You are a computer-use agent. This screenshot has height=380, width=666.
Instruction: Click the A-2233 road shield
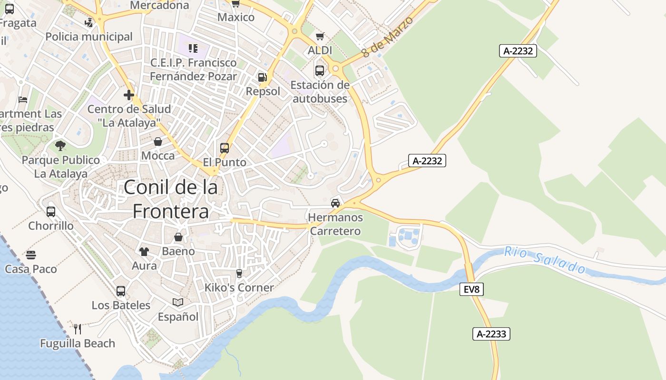(491, 334)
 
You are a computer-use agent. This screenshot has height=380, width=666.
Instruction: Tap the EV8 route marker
(471, 289)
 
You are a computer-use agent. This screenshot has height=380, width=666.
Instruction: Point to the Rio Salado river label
(545, 260)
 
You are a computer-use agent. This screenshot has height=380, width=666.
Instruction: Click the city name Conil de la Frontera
(171, 199)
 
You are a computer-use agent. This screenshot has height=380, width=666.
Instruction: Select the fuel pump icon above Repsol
(262, 77)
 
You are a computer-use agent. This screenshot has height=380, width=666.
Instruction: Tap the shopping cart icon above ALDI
(320, 36)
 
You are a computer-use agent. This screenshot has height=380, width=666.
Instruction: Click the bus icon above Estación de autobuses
(320, 71)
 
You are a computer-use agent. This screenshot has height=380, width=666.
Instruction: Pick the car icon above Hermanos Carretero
(335, 203)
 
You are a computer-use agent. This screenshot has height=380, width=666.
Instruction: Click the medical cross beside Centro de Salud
(128, 95)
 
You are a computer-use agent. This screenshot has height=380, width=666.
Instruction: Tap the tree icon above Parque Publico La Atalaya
(60, 145)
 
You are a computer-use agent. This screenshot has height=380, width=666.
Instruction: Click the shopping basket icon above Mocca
(158, 142)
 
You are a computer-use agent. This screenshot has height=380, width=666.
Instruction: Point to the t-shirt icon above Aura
(144, 252)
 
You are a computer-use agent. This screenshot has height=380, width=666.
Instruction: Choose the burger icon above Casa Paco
(31, 255)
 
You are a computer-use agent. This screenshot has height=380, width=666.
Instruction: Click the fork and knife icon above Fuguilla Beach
(78, 329)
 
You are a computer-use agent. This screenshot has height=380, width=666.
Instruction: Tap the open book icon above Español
(178, 302)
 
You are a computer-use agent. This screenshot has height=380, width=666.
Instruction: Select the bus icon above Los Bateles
(121, 291)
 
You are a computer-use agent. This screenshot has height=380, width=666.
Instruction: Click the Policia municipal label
(89, 37)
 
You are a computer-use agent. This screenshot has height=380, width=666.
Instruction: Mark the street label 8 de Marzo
(386, 37)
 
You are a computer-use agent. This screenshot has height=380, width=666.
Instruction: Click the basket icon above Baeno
(178, 237)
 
